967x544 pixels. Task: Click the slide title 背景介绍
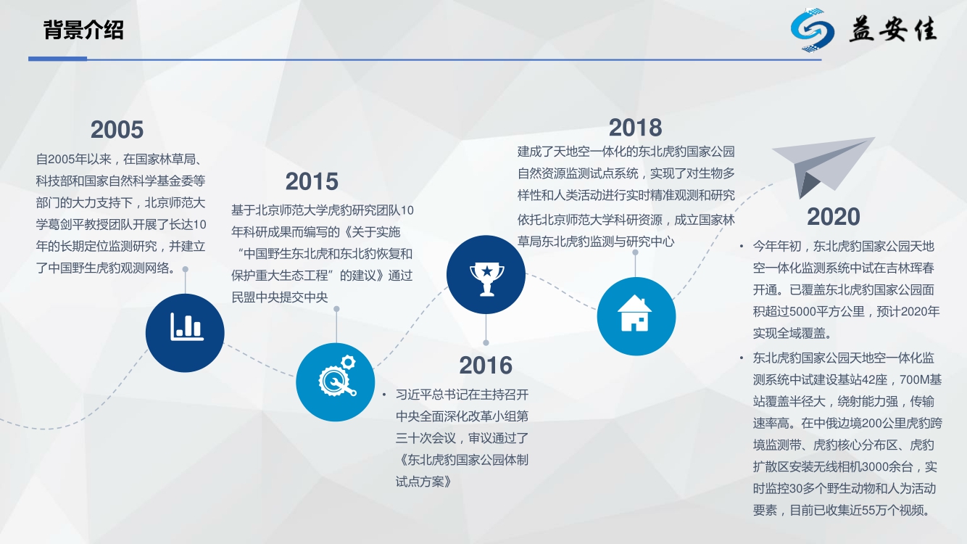click(83, 30)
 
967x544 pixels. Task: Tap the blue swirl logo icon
click(812, 30)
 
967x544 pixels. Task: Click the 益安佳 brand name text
click(893, 30)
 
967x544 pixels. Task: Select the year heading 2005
click(117, 130)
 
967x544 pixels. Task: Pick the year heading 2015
click(312, 181)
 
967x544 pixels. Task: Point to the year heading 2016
click(486, 366)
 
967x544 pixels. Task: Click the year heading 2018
click(635, 128)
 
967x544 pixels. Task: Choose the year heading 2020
click(833, 217)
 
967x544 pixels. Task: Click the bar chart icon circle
click(185, 333)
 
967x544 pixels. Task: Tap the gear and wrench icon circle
click(336, 382)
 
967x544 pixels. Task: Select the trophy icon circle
click(486, 274)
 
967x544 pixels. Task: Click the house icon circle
click(636, 316)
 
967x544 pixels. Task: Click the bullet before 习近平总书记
click(383, 395)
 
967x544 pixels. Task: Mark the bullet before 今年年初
click(742, 247)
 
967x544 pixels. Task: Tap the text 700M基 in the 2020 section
click(921, 380)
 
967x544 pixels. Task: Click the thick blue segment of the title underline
click(57, 59)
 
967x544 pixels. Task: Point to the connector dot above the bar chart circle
click(185, 269)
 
